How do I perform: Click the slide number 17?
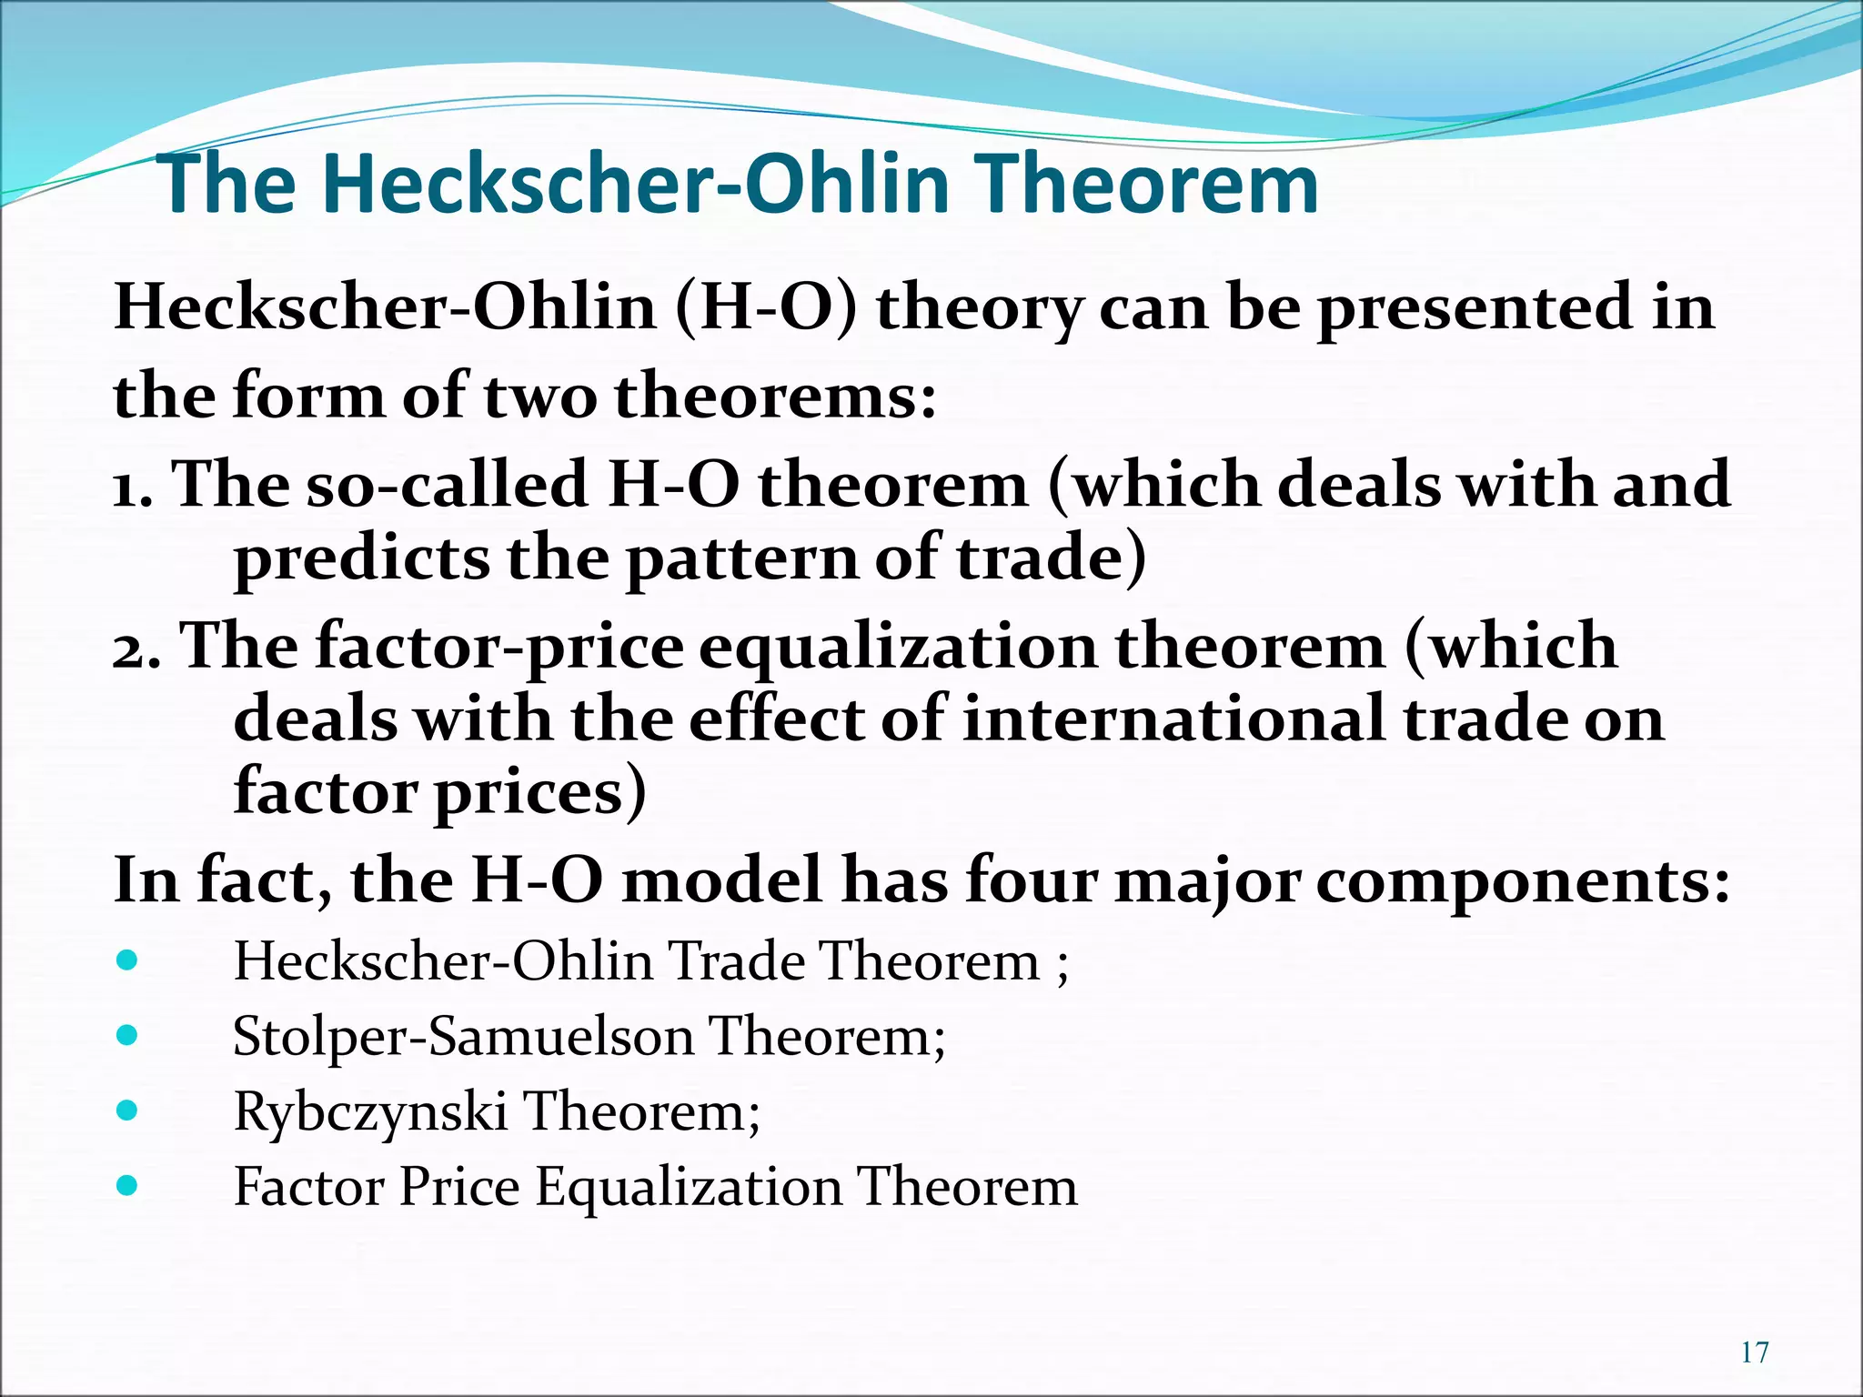1754,1352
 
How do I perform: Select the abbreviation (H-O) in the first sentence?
766,307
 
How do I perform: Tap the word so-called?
446,484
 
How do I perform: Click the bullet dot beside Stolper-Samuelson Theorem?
127,1035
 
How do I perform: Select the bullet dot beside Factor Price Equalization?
127,1185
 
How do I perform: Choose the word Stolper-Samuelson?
462,1037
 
